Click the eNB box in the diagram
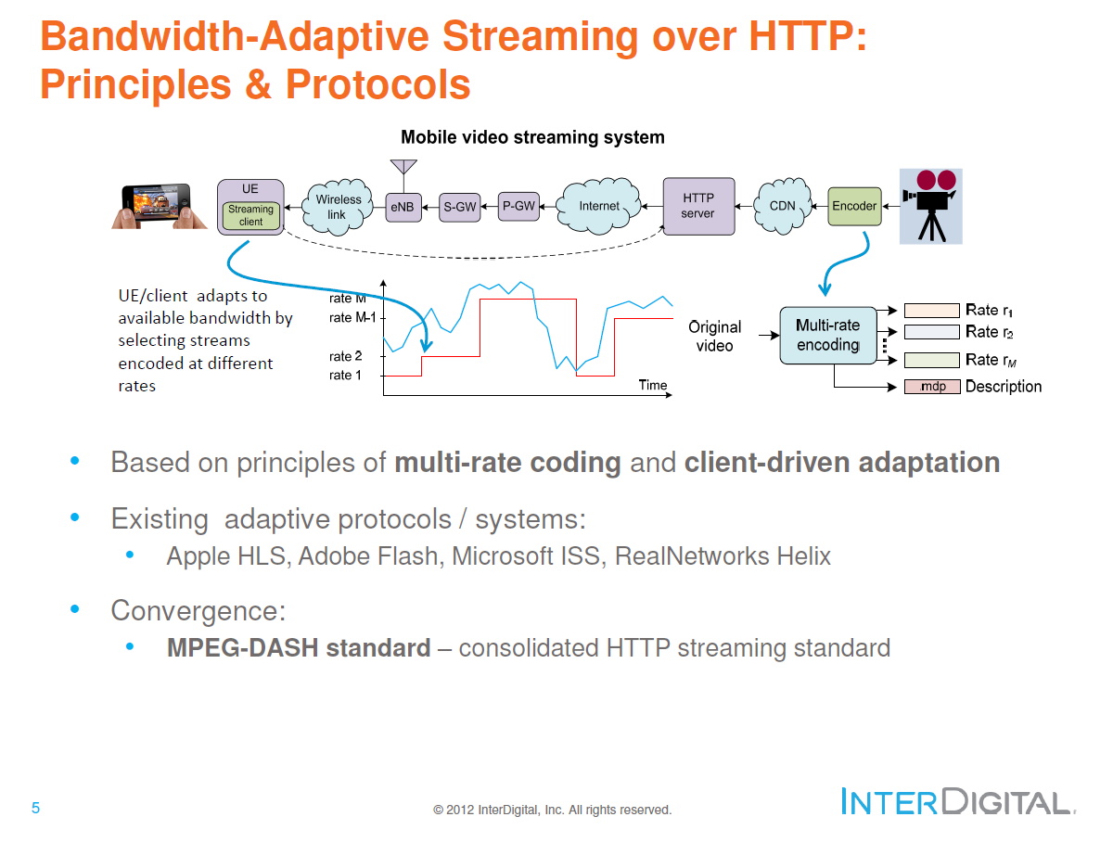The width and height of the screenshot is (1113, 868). coord(402,207)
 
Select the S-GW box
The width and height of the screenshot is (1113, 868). coord(459,207)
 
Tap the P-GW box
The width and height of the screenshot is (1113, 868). coord(518,206)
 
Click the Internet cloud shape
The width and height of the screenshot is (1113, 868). coord(599,206)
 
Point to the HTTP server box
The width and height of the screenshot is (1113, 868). coord(698,206)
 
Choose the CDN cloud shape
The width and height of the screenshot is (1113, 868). coord(782,206)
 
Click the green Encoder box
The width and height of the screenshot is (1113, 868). coord(853,206)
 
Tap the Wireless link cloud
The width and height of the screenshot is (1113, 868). coord(337,207)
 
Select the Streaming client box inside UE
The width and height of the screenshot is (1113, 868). coord(250,215)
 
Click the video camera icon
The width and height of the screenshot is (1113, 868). coord(931,206)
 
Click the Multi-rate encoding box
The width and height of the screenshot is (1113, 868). coord(827,336)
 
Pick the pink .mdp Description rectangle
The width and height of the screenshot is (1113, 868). coord(931,387)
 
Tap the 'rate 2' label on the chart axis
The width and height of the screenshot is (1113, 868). coord(346,356)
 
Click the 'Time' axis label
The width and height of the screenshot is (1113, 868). coord(653,385)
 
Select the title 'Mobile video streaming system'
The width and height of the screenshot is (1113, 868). coord(532,137)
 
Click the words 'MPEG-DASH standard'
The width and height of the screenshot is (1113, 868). coord(299,647)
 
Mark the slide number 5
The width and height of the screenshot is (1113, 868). coord(35,808)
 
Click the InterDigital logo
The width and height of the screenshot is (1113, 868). coord(955,801)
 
